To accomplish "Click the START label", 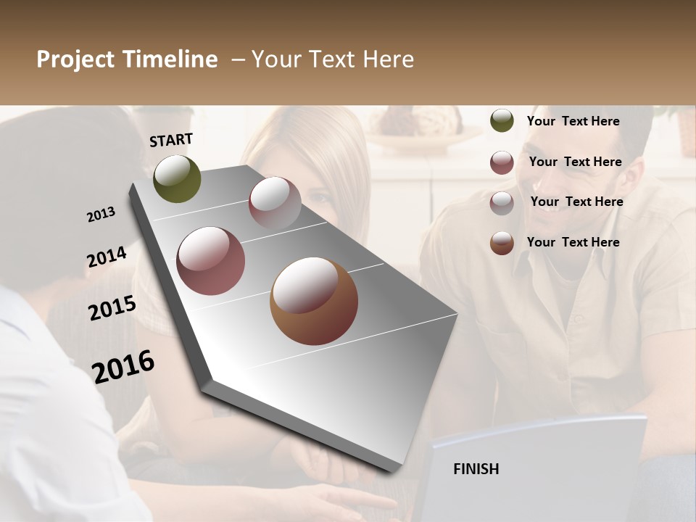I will click(x=171, y=140).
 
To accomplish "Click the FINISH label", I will click(x=476, y=469).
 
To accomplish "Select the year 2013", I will click(x=101, y=215).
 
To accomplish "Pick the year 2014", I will click(x=107, y=257).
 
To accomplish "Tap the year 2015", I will click(x=112, y=308).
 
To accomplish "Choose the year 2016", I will click(x=123, y=366).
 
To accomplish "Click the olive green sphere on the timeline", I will click(x=177, y=178).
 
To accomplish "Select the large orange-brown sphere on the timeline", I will click(x=314, y=302).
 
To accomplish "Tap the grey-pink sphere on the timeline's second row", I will click(x=275, y=203).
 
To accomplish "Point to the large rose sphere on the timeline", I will click(x=211, y=261).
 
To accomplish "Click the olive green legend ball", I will click(x=502, y=121).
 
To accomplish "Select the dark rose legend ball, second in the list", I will click(x=502, y=162).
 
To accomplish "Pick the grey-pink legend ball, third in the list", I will click(x=502, y=203).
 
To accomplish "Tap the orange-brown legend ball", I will click(x=502, y=244).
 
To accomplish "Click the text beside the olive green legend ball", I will click(x=573, y=121).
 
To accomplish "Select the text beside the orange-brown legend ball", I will click(x=573, y=242).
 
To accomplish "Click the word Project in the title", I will click(x=75, y=59).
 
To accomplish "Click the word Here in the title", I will click(x=388, y=59).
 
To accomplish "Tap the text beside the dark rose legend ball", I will click(x=575, y=162).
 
